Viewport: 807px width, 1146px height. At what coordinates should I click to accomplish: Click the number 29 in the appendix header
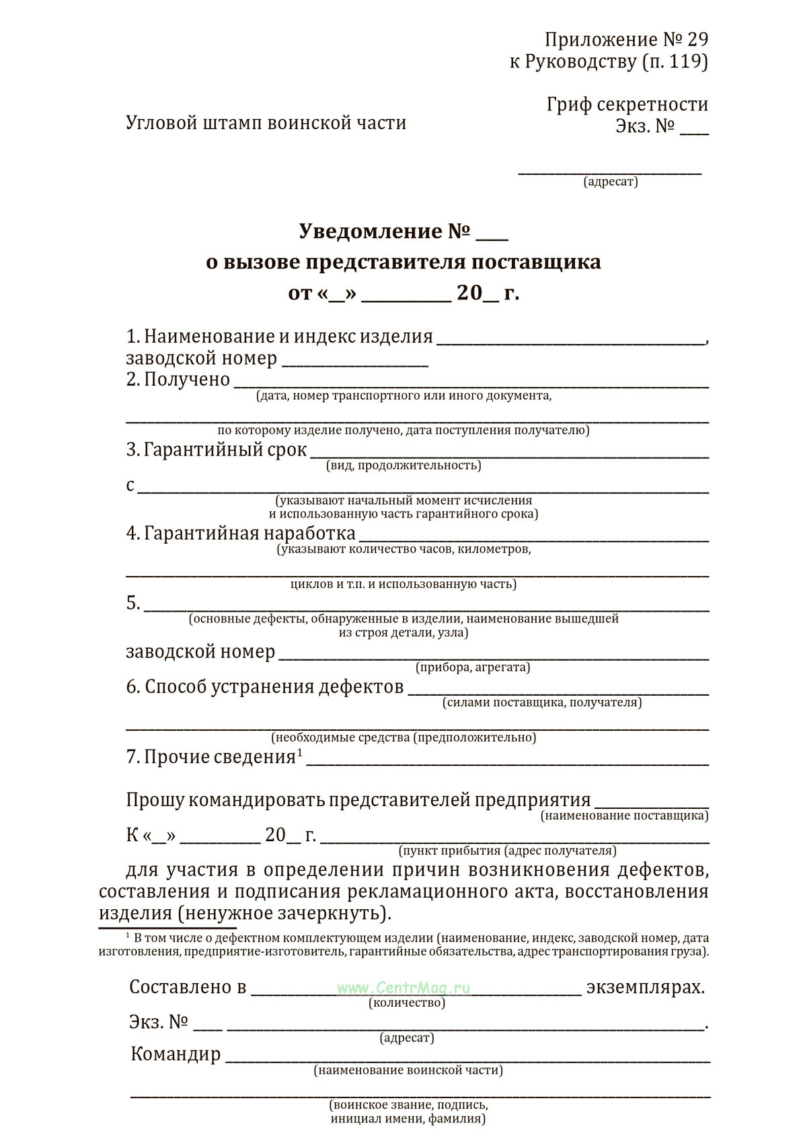pos(697,40)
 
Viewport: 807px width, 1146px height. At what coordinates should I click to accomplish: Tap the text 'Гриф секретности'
pos(627,104)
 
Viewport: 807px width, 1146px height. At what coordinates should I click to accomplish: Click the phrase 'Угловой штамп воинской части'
pos(266,123)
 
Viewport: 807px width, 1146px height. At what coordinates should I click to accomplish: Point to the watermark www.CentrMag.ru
pos(403,988)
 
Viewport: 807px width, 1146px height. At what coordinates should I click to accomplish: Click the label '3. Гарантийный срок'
pos(217,450)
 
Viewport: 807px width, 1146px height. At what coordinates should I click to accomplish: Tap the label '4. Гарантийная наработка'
pos(241,534)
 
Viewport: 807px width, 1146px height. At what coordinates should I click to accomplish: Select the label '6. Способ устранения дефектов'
pos(265,687)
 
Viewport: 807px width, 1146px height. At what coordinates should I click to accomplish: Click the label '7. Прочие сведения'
pos(211,757)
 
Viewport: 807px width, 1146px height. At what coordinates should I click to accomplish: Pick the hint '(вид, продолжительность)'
pos(403,466)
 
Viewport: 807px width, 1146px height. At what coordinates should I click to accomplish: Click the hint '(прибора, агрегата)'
pos(473,668)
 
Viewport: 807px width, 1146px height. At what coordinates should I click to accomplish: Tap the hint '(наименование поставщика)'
pos(625,816)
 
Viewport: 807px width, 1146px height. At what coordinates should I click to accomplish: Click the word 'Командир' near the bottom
pos(176,1054)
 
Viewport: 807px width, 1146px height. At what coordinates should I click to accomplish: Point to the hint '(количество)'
pos(407,1003)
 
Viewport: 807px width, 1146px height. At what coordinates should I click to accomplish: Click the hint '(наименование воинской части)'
pos(408,1070)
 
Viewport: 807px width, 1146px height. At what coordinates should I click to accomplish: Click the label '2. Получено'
pos(178,380)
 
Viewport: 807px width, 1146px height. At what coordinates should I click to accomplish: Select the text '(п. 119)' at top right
pos(675,62)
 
